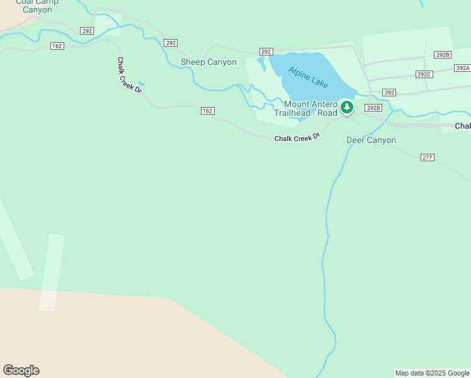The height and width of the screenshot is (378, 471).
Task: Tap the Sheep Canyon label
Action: (x=208, y=62)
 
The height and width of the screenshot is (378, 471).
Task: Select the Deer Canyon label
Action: (x=371, y=140)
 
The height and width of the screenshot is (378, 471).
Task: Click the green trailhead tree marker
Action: (x=346, y=108)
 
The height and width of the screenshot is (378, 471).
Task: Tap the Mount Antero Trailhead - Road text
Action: (x=310, y=108)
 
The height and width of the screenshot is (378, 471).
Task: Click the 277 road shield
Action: (x=428, y=157)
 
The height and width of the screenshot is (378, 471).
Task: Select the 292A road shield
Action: (x=463, y=68)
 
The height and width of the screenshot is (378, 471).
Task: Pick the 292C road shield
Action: (x=424, y=74)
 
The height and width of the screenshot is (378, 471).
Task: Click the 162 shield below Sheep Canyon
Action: (x=208, y=111)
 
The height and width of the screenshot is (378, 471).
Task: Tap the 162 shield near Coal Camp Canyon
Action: (x=57, y=45)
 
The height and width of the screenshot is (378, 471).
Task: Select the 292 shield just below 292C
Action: (x=389, y=93)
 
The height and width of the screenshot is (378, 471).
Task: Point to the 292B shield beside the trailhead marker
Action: (x=373, y=108)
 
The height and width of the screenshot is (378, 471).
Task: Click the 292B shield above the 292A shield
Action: (x=443, y=55)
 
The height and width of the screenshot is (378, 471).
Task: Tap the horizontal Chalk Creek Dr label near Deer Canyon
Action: (x=297, y=137)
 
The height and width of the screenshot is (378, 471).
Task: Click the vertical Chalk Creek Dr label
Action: (x=130, y=75)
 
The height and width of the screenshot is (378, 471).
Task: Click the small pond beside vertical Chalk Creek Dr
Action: (x=141, y=83)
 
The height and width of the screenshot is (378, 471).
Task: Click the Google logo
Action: (x=21, y=370)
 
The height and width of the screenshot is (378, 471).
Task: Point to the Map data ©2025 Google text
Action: (x=432, y=374)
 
